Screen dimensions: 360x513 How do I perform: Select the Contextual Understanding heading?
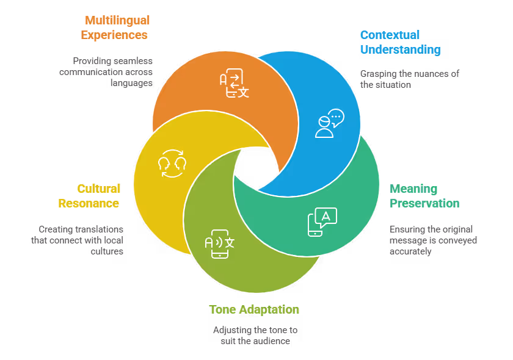pos(400,42)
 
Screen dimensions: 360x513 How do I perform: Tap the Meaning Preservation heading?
pos(424,196)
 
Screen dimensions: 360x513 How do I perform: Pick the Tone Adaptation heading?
pos(254,309)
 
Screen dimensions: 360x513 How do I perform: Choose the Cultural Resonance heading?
pos(90,196)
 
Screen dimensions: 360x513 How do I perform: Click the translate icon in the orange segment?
pos(235,84)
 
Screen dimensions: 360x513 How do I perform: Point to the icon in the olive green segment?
pos(219,243)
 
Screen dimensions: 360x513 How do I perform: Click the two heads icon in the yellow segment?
pos(172,164)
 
